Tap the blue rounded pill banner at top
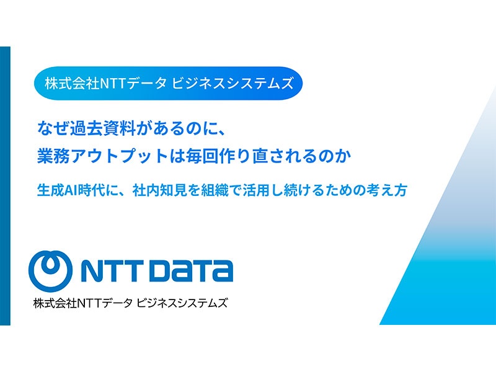coord(168,83)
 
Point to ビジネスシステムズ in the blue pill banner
coord(232,84)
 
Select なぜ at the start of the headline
coord(53,128)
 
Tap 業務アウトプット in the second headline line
coord(102,156)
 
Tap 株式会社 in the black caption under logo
coord(55,303)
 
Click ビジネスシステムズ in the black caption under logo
coord(182,303)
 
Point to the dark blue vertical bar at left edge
coord(5,185)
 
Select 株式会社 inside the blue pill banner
coord(72,84)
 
